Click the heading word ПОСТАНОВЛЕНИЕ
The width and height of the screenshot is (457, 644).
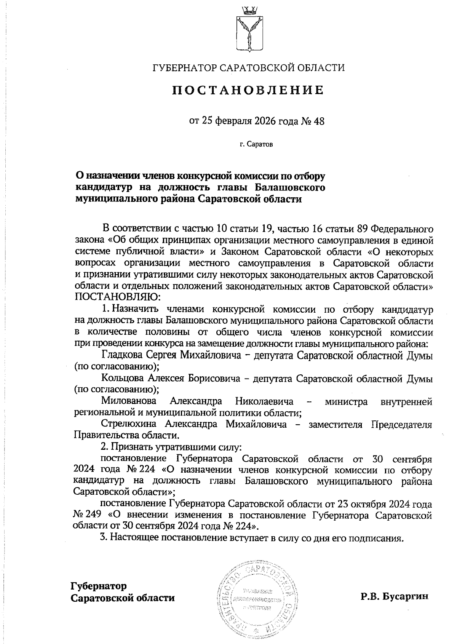click(248, 90)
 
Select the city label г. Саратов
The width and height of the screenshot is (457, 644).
click(256, 144)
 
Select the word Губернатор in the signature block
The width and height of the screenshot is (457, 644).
click(99, 585)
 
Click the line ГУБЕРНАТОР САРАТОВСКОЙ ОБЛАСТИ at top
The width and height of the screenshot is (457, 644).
click(248, 68)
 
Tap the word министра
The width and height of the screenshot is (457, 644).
click(346, 401)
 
